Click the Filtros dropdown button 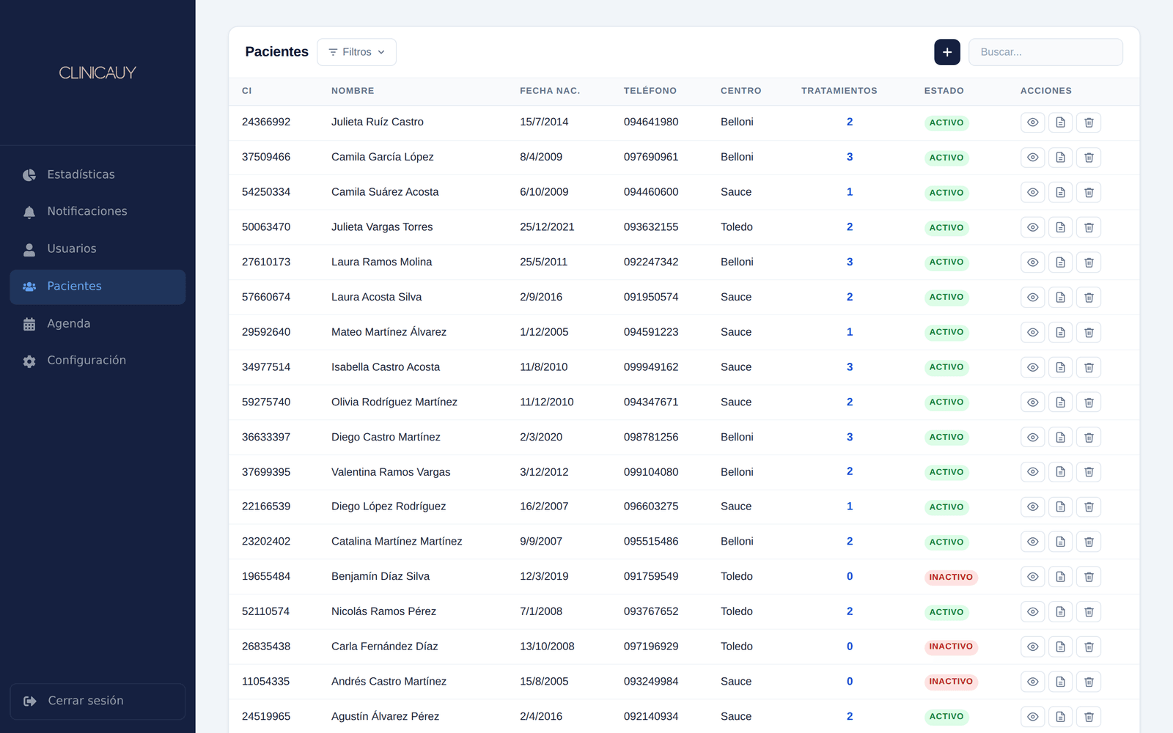point(356,52)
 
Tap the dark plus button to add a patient point(946,52)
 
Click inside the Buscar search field point(1045,52)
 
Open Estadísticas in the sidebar point(81,174)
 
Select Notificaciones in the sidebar point(87,211)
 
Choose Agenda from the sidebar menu point(69,323)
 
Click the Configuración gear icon point(29,361)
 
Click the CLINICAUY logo point(98,73)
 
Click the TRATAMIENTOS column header point(839,91)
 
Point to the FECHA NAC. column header point(550,91)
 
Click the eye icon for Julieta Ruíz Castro point(1033,122)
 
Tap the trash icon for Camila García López point(1089,158)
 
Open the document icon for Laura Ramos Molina point(1060,262)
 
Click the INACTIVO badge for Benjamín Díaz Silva point(951,577)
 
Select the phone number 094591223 point(651,332)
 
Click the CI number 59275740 point(266,402)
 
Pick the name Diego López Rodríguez point(389,507)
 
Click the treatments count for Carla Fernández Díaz point(850,647)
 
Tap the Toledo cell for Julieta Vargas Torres point(736,226)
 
